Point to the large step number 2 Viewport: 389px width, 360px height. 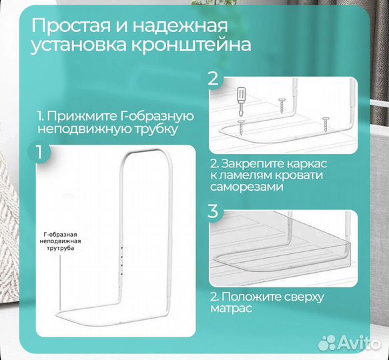213,79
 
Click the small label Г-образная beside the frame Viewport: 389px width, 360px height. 60,235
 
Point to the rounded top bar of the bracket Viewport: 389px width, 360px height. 141,155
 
